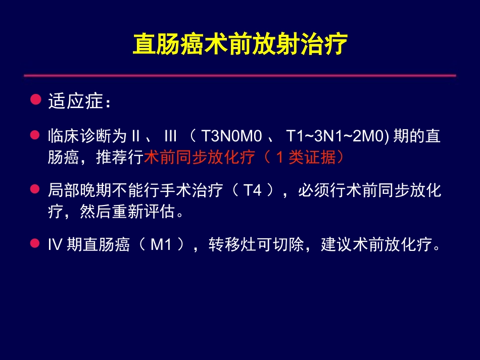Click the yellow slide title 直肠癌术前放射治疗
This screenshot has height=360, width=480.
(x=239, y=45)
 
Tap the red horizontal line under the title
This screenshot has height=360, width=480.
(x=239, y=76)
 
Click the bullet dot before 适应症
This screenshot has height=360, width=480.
(x=35, y=99)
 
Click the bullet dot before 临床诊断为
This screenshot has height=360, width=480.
(x=35, y=135)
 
